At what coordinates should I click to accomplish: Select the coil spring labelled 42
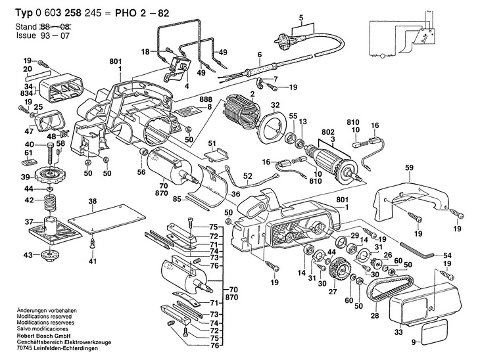[51, 201]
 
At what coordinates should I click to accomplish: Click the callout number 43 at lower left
[28, 255]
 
